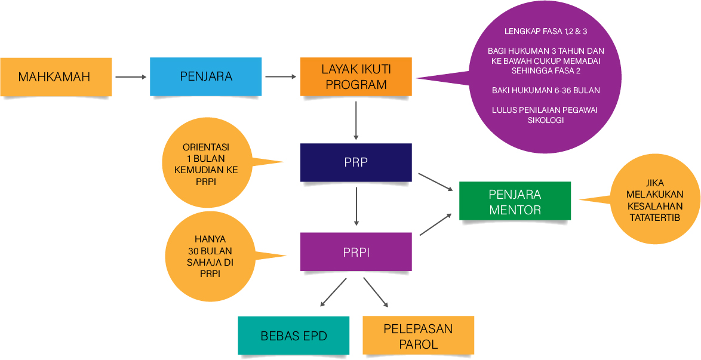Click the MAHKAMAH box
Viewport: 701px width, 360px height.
(56, 77)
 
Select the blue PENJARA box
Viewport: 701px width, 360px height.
(205, 76)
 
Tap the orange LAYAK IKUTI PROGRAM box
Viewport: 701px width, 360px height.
(356, 76)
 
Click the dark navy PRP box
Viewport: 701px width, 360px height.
(356, 162)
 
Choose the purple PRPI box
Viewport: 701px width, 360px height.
(356, 253)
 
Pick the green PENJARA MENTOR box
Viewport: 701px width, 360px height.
(515, 201)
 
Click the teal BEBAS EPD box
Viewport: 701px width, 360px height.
(294, 336)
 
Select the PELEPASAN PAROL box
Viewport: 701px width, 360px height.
(418, 336)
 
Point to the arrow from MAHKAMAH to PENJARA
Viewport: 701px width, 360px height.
(131, 77)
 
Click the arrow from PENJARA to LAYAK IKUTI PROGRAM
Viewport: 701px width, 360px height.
(281, 76)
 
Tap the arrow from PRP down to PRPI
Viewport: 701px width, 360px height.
(356, 206)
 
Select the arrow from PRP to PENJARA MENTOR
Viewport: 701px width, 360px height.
(435, 182)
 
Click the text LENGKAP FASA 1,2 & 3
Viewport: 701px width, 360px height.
(542, 30)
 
